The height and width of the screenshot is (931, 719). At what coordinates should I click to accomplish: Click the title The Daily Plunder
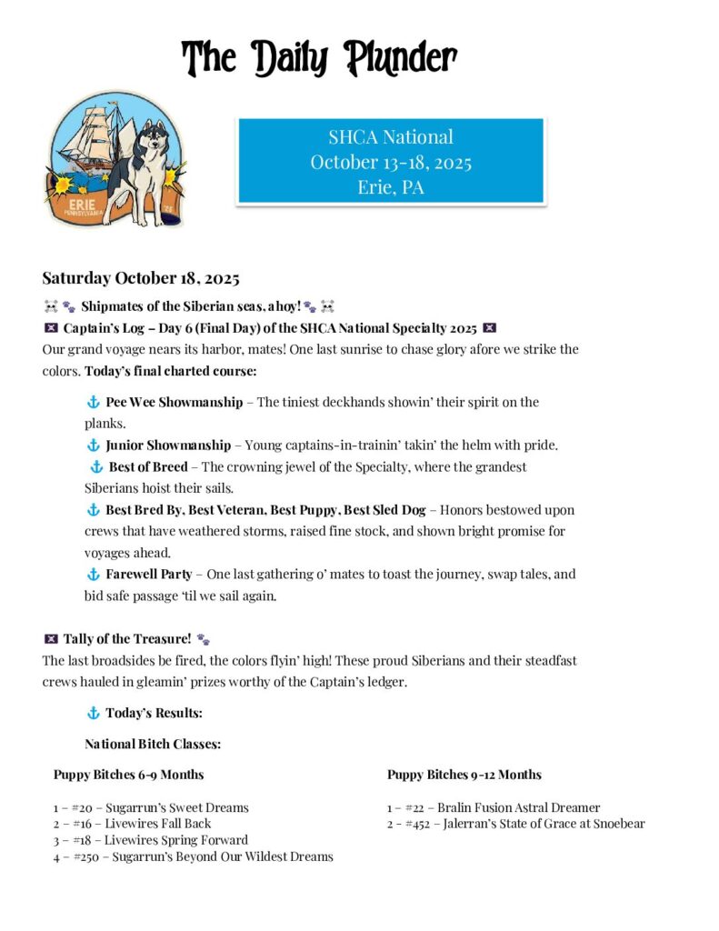point(319,58)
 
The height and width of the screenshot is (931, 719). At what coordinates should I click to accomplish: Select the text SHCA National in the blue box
point(390,137)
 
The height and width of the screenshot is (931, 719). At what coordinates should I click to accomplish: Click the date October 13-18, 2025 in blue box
point(390,163)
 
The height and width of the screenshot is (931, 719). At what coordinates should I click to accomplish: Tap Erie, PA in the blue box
point(390,188)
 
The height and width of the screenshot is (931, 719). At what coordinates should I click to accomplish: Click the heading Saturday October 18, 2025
point(140,277)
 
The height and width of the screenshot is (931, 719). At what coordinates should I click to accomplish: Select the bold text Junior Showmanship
point(168,445)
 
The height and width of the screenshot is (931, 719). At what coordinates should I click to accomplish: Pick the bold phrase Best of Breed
point(148,467)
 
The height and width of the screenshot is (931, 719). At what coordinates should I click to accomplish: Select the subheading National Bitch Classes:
point(153,744)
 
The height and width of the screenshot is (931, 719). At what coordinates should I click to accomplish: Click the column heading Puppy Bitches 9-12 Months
point(464,775)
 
